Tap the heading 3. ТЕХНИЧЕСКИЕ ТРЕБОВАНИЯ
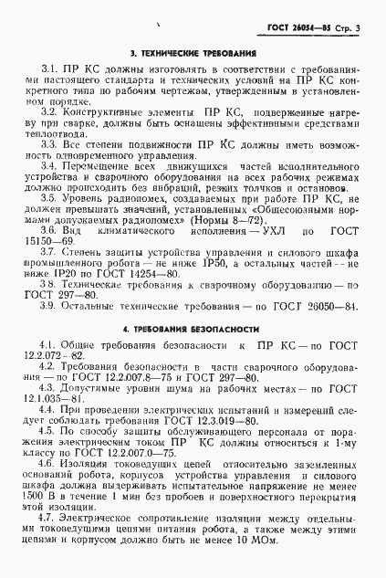(x=192, y=54)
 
